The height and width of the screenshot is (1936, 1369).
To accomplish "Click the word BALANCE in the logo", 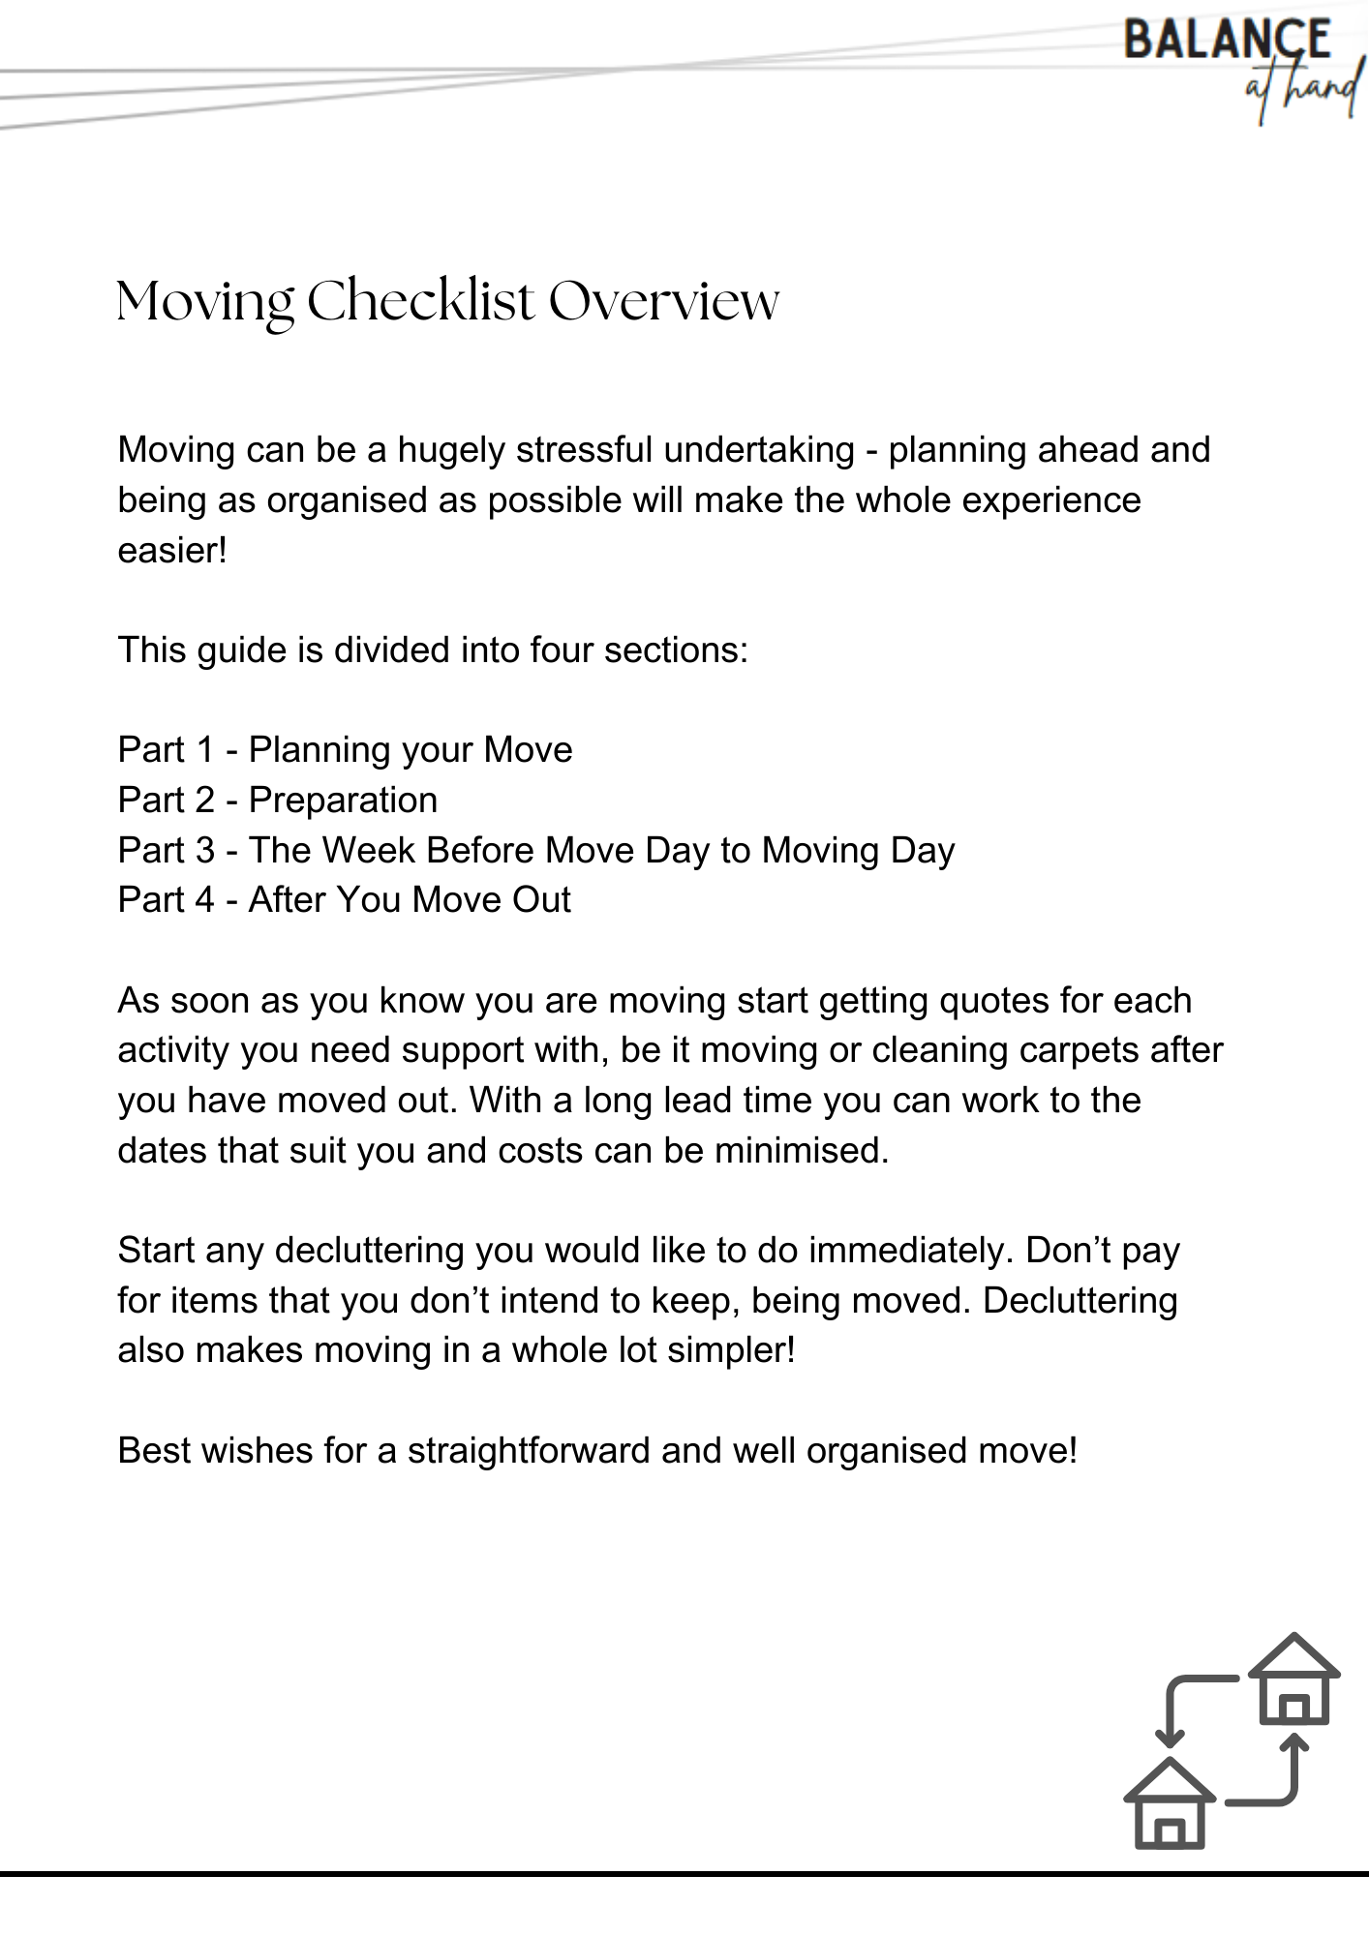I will [x=1227, y=41].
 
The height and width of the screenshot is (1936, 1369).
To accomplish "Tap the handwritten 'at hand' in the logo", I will [x=1302, y=92].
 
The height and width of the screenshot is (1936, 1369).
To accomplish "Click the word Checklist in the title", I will [x=420, y=301].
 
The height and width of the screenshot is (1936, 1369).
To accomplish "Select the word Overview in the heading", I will [x=663, y=301].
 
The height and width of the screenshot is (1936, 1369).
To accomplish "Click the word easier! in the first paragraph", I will [x=172, y=551].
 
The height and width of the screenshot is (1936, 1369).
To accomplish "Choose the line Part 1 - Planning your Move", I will [x=345, y=750].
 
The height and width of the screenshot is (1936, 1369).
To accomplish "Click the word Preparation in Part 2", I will [x=343, y=801].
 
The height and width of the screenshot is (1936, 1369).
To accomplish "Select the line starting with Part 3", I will [x=535, y=851].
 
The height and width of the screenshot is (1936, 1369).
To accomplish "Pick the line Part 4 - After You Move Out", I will [x=344, y=900].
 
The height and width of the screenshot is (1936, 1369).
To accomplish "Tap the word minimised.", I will [x=801, y=1151].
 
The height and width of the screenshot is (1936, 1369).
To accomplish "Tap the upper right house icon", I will [x=1293, y=1681].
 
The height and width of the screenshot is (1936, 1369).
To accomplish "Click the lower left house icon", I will [x=1169, y=1805].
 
